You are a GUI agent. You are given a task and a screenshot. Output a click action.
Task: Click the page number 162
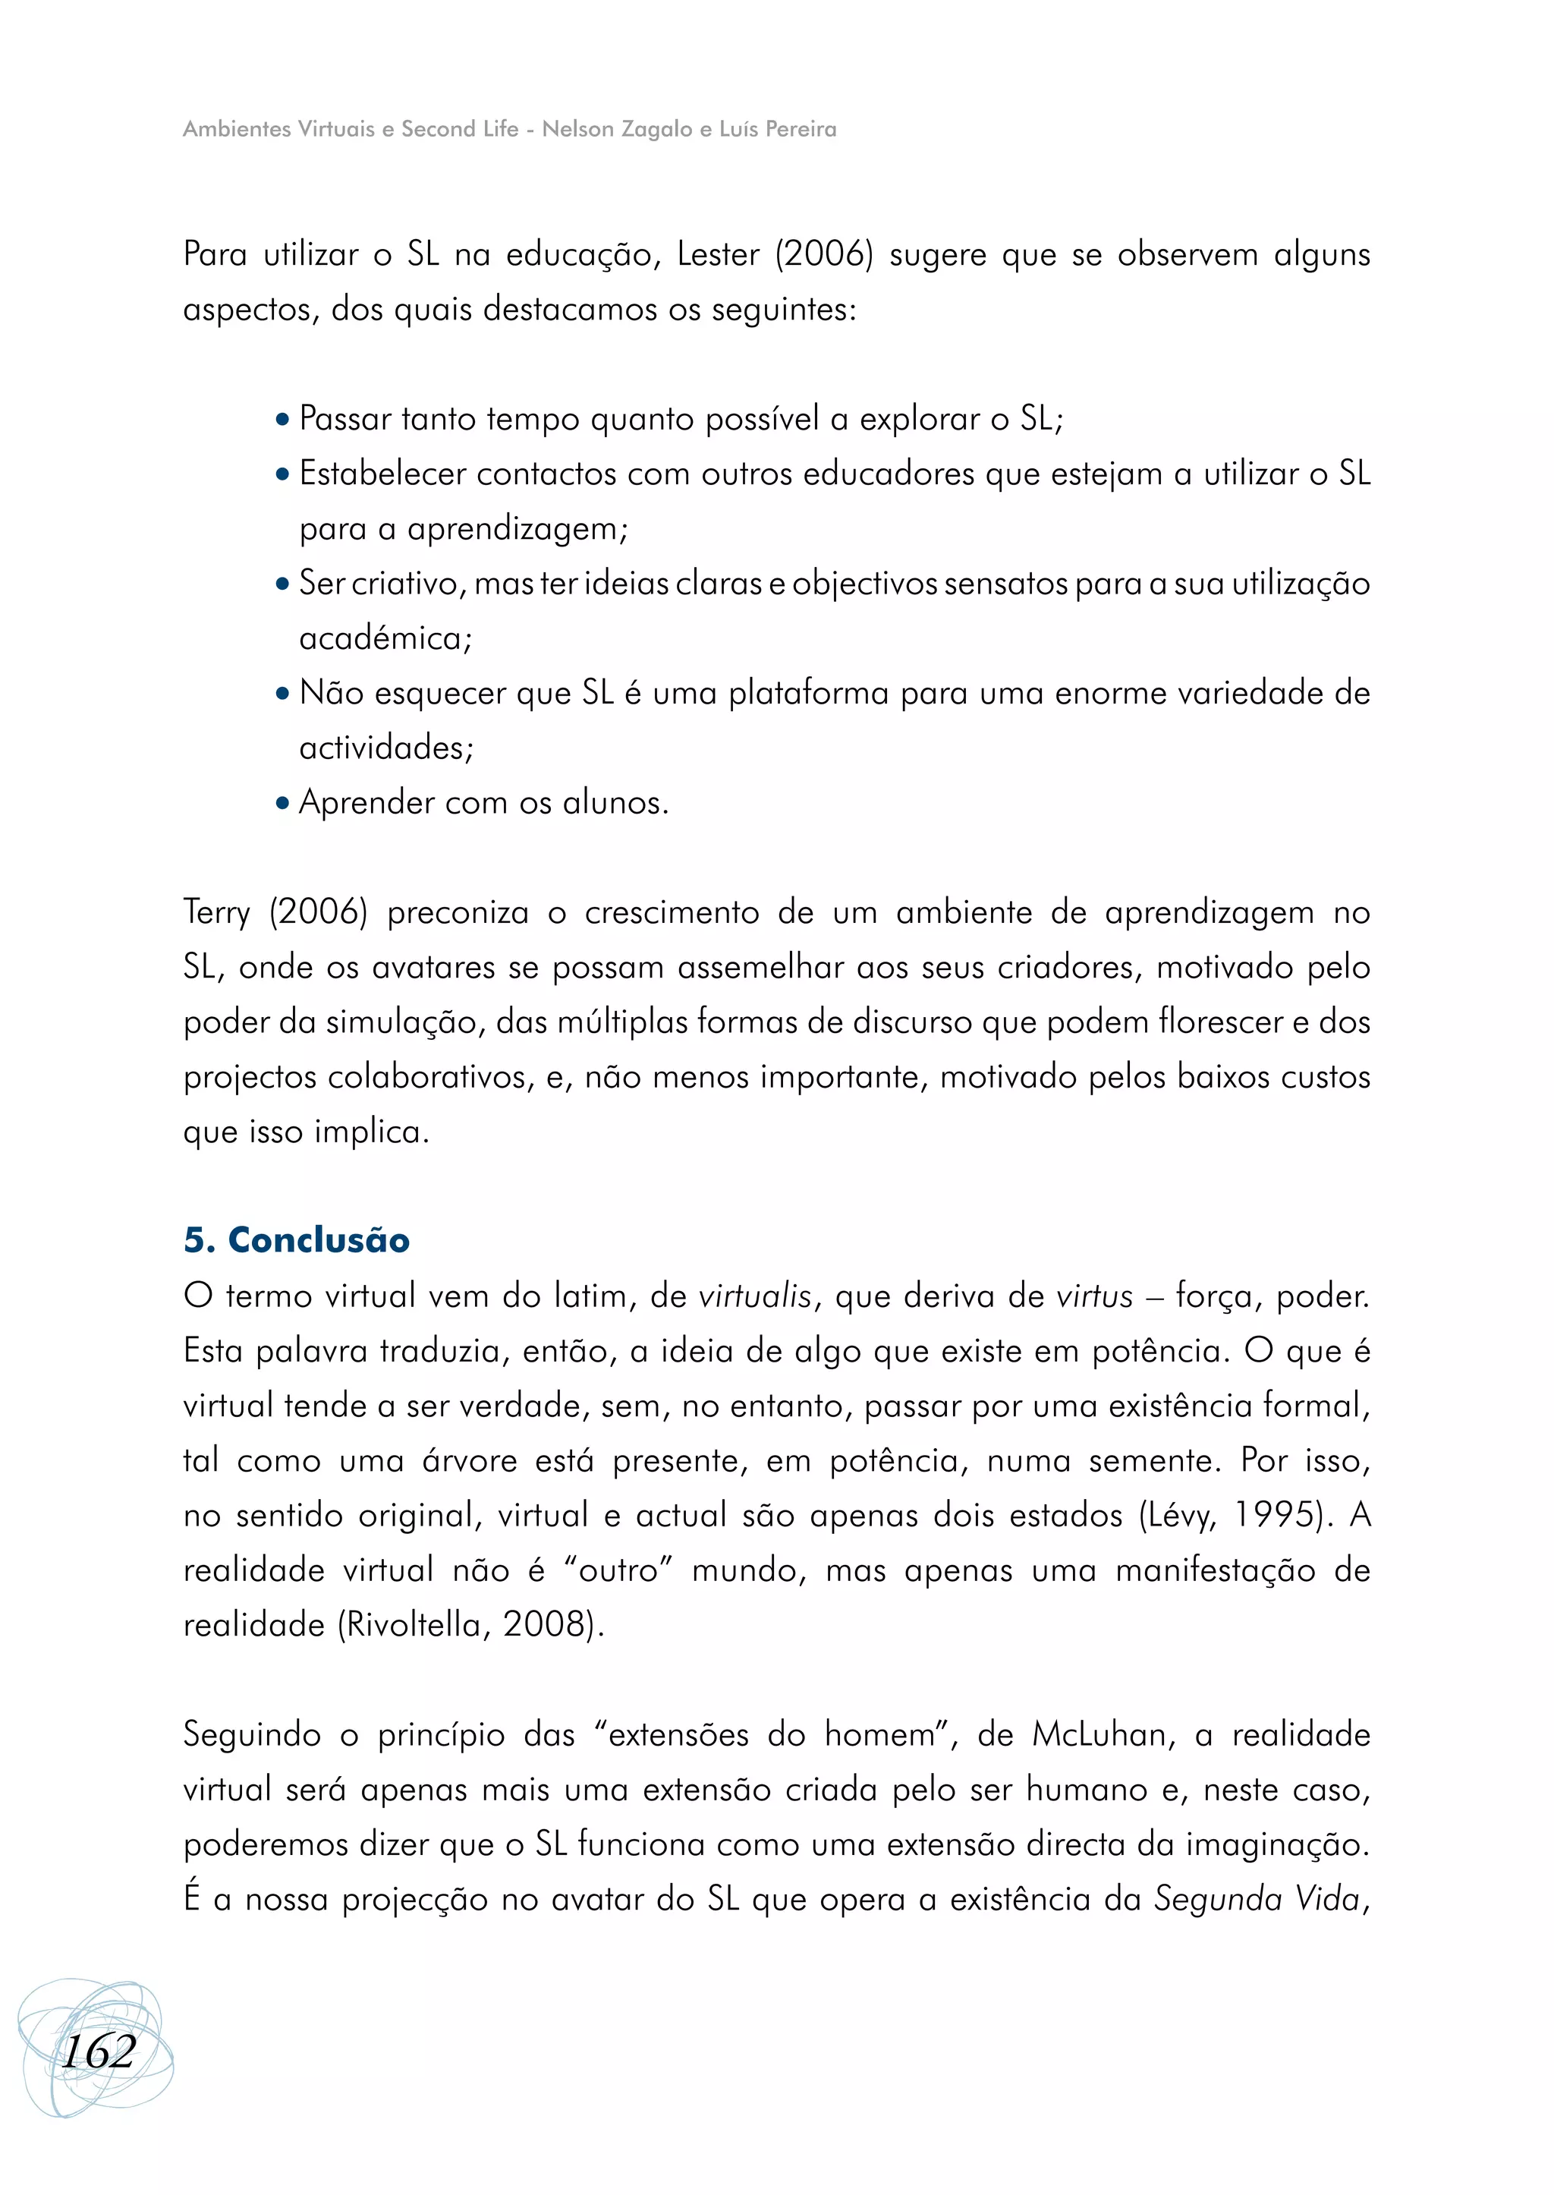coord(99,2052)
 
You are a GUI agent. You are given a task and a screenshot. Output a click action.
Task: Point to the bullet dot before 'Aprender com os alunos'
coord(282,803)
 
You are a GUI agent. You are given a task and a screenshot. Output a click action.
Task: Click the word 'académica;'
coord(385,638)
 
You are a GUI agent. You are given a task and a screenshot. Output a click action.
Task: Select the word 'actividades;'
coord(386,748)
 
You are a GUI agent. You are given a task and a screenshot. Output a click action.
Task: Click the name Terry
coord(216,912)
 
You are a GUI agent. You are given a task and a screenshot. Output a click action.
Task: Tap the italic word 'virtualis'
coord(755,1296)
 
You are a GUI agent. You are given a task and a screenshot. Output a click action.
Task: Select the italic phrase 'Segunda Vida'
coord(1257,1899)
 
